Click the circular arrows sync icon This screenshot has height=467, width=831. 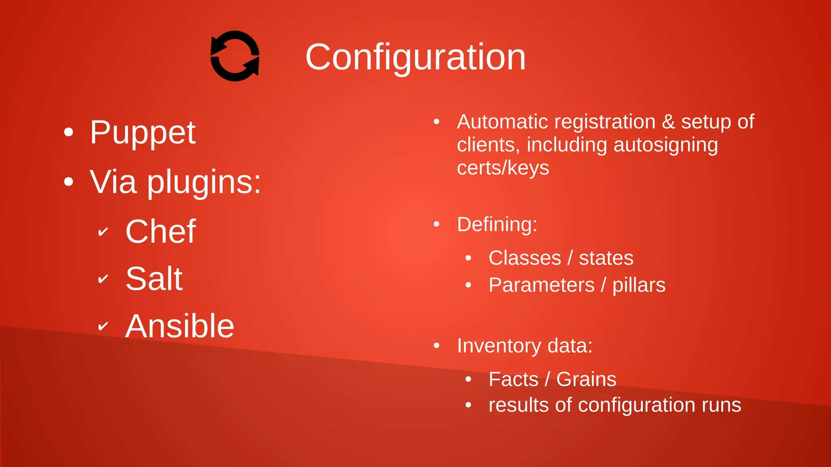click(235, 56)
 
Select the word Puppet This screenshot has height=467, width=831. click(143, 133)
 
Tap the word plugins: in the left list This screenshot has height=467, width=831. click(204, 182)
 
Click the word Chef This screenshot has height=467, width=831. click(161, 231)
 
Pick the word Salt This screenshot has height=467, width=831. click(154, 279)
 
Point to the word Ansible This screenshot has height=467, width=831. click(180, 326)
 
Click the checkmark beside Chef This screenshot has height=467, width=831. click(103, 232)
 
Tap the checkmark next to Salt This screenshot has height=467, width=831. click(103, 279)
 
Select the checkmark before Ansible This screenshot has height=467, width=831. click(103, 326)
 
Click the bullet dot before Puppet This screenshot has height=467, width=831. click(69, 133)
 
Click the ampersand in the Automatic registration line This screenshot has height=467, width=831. click(668, 122)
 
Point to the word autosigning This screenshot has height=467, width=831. click(665, 145)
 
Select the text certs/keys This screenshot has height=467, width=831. click(503, 168)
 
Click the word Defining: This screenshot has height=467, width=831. click(497, 224)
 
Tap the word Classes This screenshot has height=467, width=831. click(525, 258)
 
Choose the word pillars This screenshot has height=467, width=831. click(639, 285)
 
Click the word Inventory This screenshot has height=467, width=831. click(499, 346)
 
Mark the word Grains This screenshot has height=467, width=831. click(586, 379)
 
